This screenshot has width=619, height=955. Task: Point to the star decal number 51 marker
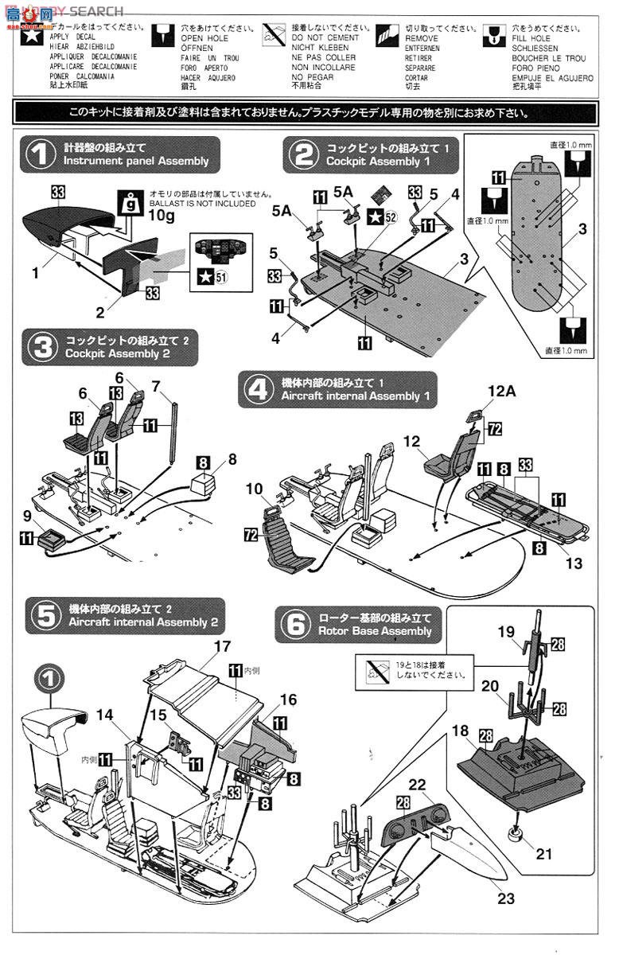[x=205, y=276]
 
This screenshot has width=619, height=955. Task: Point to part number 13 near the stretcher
[x=574, y=563]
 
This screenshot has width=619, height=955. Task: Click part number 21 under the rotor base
[x=543, y=855]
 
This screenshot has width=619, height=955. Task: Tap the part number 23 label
[x=505, y=899]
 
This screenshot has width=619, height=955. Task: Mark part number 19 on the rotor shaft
[x=506, y=633]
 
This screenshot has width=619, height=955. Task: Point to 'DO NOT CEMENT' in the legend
[x=325, y=37]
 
